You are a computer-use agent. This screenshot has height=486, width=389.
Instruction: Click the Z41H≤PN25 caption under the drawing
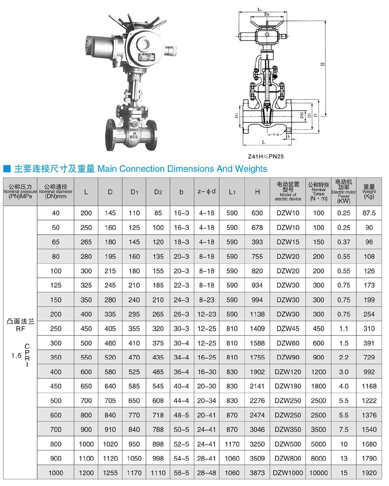266,156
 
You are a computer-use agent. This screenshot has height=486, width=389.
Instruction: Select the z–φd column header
207,192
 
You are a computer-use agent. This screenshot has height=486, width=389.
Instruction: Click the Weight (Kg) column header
369,192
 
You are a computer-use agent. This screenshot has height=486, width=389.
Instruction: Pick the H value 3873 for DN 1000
257,473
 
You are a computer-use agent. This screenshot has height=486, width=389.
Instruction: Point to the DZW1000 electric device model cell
288,473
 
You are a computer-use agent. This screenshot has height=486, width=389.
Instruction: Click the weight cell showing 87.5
369,213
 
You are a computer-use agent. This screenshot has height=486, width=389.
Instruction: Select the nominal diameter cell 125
56,285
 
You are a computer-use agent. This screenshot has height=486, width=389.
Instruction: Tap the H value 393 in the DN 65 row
257,242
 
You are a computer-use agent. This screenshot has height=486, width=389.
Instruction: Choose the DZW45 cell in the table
288,328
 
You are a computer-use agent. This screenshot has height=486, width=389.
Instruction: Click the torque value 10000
318,473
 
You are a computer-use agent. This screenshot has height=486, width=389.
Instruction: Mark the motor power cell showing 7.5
344,429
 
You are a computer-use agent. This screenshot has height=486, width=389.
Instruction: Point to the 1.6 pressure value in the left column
16,355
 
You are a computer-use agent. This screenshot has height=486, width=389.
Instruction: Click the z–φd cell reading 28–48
207,473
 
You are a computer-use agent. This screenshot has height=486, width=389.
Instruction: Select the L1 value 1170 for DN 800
232,444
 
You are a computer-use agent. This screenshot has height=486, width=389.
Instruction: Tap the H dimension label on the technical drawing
322,64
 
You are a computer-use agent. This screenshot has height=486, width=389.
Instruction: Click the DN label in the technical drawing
302,115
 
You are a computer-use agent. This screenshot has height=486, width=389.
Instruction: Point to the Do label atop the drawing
267,15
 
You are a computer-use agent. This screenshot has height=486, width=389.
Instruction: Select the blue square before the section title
7,169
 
